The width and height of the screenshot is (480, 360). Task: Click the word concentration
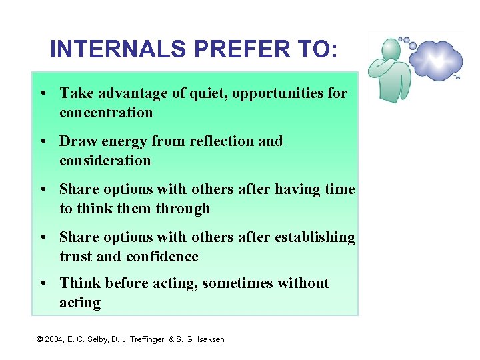point(106,113)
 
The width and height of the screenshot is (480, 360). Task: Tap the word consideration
point(105,161)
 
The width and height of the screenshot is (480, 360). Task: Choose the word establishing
point(315,237)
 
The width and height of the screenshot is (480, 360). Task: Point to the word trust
point(75,257)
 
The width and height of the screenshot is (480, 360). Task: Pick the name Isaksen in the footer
point(209,339)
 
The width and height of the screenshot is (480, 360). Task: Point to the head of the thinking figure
point(391,49)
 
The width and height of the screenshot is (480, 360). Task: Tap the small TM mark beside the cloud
point(457,77)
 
